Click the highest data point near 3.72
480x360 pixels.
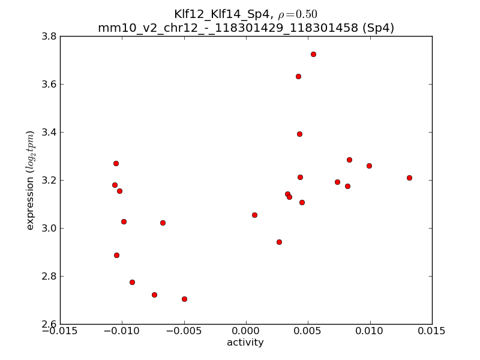point(313,54)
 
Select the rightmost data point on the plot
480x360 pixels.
point(409,178)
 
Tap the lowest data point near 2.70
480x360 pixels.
point(184,299)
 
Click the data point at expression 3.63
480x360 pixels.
point(298,76)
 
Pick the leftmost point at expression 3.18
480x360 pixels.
point(115,185)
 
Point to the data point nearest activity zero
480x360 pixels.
point(254,215)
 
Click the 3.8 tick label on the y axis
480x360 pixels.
point(49,36)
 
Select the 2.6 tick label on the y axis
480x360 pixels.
point(49,324)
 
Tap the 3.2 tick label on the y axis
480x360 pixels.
point(49,180)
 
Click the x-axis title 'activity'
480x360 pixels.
point(245,343)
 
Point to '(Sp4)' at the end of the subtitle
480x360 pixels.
point(376,28)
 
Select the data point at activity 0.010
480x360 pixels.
point(369,166)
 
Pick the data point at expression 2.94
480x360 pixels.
point(279,242)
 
